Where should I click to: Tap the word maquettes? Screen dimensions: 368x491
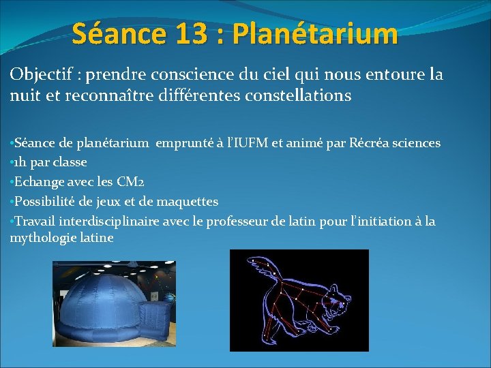point(185,202)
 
